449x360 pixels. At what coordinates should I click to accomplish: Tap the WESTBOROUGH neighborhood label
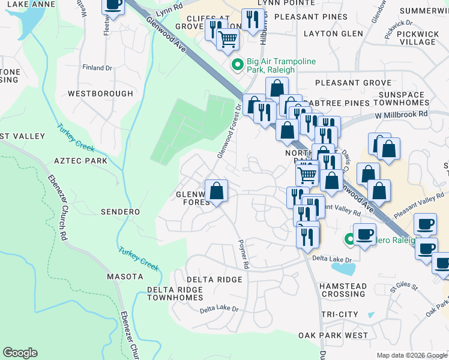(100, 94)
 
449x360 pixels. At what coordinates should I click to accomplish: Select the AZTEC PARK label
(80, 161)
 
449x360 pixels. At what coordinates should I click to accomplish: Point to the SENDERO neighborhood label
(120, 212)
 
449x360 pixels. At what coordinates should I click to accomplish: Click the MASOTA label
(125, 277)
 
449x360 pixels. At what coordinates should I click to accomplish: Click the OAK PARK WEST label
(333, 335)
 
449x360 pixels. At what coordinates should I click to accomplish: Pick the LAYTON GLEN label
(334, 34)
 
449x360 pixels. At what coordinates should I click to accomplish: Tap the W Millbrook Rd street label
(402, 113)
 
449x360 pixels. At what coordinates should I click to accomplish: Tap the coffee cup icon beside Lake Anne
(113, 5)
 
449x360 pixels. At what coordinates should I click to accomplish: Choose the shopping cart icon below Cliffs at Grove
(228, 39)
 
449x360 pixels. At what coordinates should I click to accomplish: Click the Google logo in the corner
(20, 353)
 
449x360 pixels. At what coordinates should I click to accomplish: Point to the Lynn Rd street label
(167, 8)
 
